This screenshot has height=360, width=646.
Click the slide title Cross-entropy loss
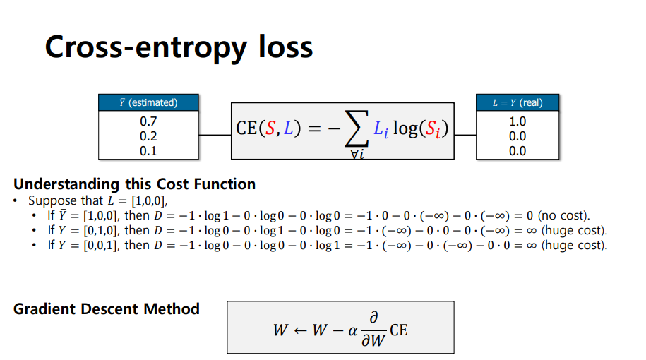click(179, 47)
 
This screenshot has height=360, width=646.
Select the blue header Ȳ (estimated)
click(148, 102)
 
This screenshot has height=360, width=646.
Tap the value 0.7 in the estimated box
click(148, 121)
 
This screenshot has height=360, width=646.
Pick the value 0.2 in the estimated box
click(148, 136)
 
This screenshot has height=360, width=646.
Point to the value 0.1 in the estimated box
click(148, 151)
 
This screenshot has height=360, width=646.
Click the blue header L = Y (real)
click(518, 102)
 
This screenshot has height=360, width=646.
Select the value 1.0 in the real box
click(518, 121)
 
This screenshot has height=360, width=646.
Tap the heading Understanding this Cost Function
click(134, 184)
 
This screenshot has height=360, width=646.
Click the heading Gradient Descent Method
click(106, 308)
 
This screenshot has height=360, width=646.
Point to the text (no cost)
click(564, 215)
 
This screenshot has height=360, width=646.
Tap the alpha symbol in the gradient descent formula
click(353, 330)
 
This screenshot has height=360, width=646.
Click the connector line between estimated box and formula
click(215, 134)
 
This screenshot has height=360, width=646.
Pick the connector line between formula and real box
click(466, 134)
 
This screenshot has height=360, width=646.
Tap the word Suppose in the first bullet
click(49, 201)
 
